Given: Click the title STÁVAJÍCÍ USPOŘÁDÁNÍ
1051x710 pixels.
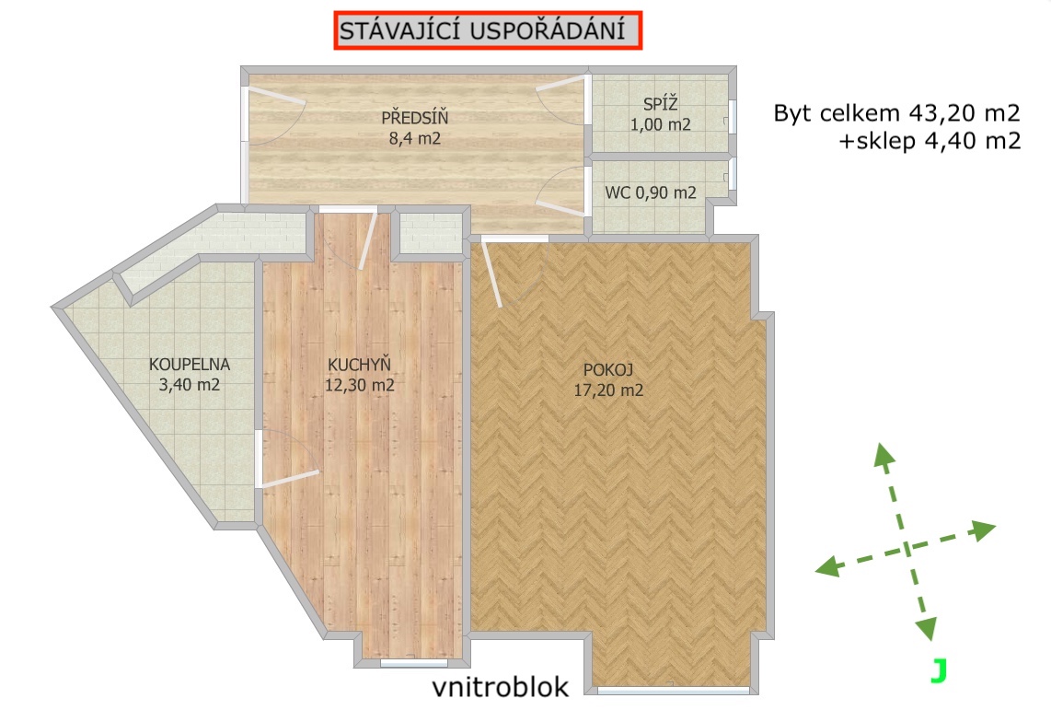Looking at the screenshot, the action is (482, 30).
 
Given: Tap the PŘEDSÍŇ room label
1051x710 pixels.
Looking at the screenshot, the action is (415, 118).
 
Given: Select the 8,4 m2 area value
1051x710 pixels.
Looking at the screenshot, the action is (415, 139).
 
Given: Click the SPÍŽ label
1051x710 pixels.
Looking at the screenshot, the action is (660, 104).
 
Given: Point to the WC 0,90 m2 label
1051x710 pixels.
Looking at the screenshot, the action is (650, 193).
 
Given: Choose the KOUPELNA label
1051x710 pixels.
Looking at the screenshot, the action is (189, 365).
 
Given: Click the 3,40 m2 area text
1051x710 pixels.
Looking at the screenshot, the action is (189, 385).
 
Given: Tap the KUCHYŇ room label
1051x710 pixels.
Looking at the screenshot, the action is (359, 364).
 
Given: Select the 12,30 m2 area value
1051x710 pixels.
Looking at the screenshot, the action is (359, 386).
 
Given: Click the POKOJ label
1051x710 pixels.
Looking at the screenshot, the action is (608, 369).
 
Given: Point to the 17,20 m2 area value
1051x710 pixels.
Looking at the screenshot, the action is (608, 390).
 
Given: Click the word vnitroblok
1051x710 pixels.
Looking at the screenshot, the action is (500, 687).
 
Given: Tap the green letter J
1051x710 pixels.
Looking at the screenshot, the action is (939, 670).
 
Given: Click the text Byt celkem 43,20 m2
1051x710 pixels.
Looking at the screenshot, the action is (896, 112).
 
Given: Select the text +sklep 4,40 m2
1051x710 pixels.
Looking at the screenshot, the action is (930, 141).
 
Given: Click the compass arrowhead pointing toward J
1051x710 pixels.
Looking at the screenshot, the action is (926, 629).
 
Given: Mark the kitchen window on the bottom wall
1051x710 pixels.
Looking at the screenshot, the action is (413, 663).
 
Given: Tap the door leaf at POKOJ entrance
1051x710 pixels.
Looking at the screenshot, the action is (491, 274).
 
